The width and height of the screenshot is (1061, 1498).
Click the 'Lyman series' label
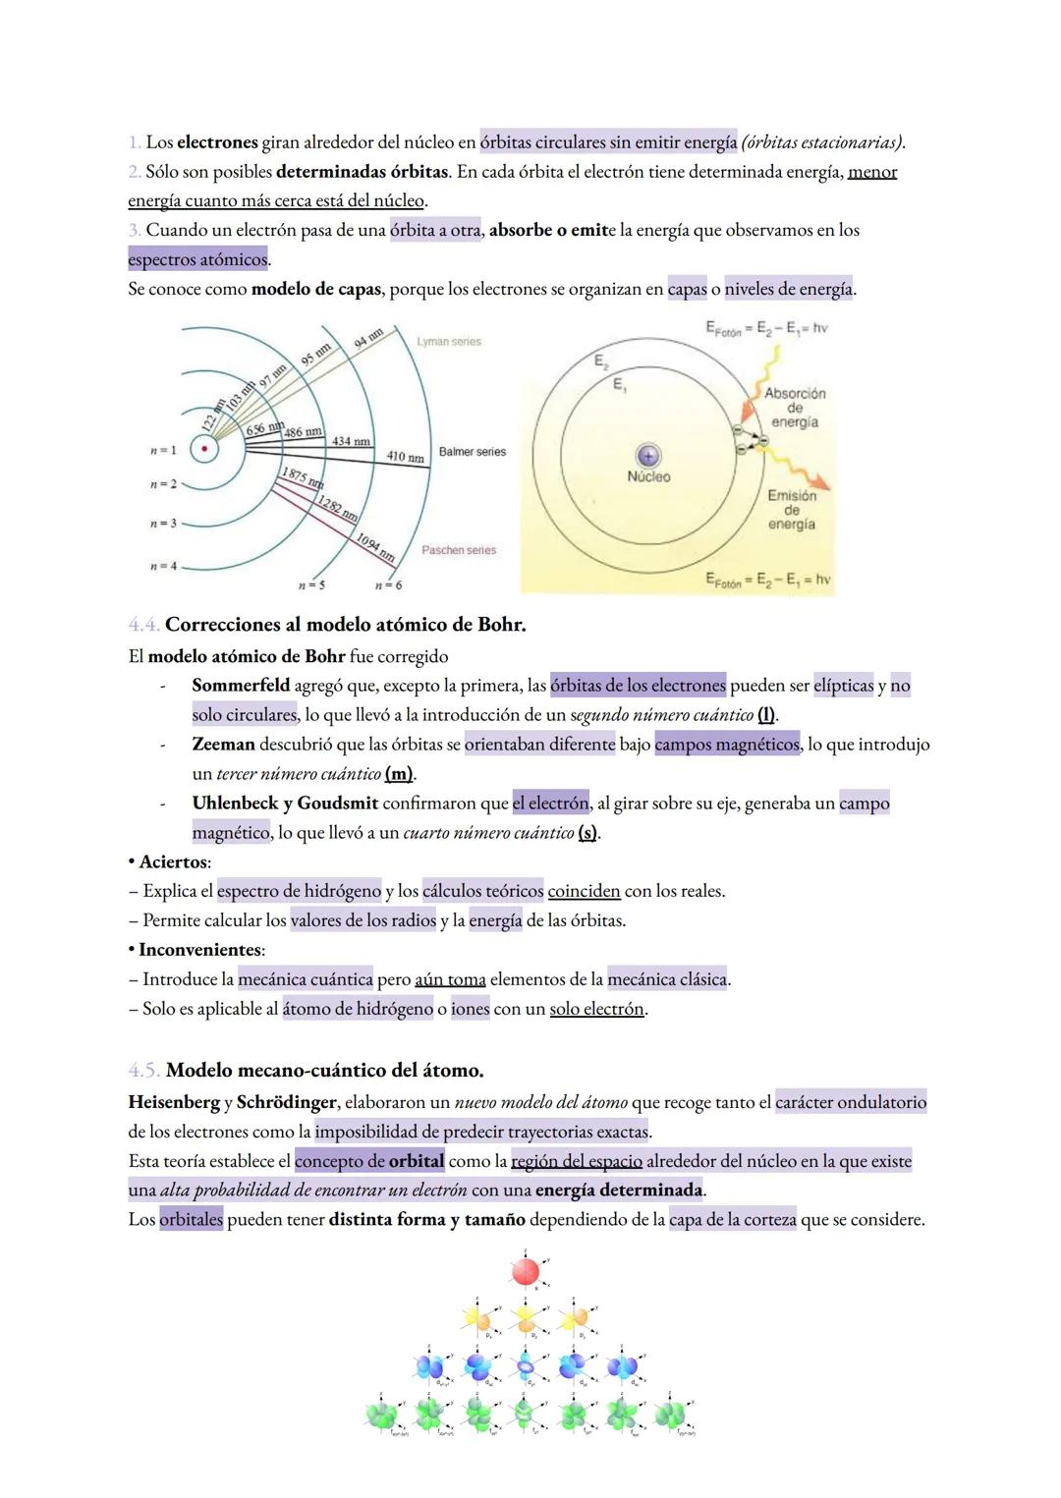coord(449,342)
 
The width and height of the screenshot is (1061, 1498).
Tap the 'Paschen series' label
coord(459,550)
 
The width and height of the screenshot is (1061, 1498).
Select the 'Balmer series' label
coord(473,452)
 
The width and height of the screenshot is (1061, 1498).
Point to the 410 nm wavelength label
coord(405,458)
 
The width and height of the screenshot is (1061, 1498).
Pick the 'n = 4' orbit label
coord(163,567)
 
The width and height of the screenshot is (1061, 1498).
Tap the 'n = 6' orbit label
coord(388,585)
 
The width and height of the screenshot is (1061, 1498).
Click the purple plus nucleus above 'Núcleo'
coord(647,456)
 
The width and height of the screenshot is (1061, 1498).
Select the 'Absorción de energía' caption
coord(795,407)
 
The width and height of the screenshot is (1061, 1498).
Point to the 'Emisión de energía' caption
coord(792,510)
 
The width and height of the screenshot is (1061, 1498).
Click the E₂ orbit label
coord(600,361)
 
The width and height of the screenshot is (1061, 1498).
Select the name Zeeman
coord(223,745)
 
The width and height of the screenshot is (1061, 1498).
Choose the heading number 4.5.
coord(144,1070)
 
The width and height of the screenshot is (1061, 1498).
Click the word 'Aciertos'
coord(173,862)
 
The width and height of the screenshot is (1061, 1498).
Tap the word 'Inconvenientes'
coord(199,951)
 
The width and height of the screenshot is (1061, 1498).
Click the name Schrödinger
coord(287,1103)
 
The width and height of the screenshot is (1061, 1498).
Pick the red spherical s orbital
coord(525,1272)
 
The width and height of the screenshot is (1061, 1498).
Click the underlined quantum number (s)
coord(587,833)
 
